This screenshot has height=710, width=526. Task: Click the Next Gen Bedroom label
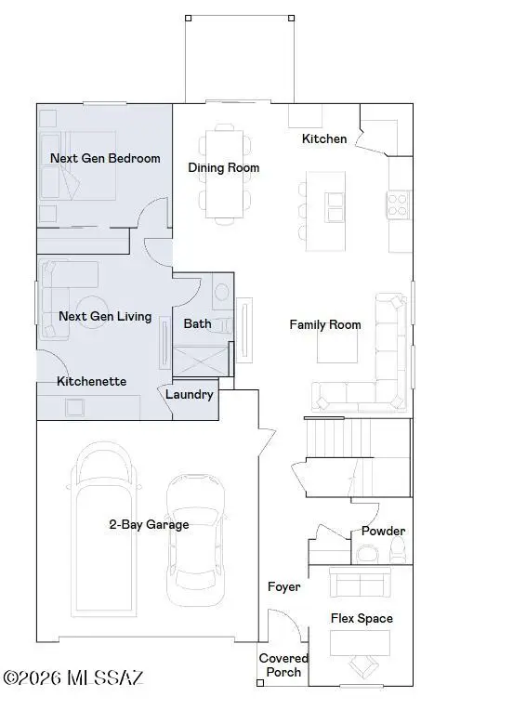(104, 158)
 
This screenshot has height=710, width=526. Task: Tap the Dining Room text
(223, 168)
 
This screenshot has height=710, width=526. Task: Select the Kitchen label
(324, 138)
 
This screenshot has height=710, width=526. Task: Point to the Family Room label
(324, 324)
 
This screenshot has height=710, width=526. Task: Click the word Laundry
(189, 394)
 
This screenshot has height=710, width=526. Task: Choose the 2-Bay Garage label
(149, 524)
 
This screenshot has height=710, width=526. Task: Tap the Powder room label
(383, 531)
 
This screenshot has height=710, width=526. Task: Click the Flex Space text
(362, 618)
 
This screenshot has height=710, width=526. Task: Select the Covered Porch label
(283, 664)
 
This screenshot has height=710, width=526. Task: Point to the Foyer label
(283, 586)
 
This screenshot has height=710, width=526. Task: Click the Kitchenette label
(91, 381)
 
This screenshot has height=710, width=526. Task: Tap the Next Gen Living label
(104, 316)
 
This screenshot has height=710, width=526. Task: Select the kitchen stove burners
(399, 204)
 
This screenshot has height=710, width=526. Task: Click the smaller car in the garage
(196, 539)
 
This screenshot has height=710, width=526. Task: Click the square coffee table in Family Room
(337, 347)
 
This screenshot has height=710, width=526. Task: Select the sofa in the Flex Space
(361, 584)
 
